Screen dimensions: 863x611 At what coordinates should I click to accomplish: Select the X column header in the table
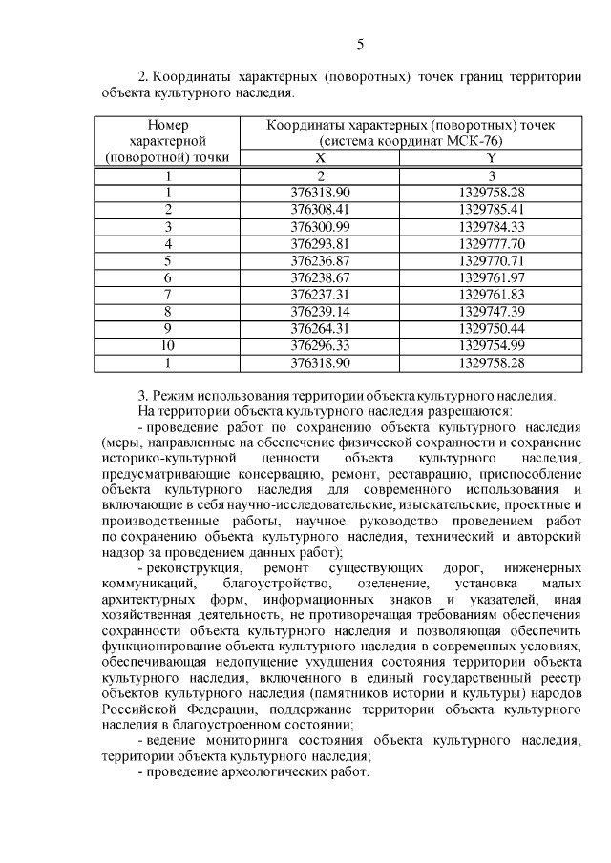pyautogui.click(x=321, y=157)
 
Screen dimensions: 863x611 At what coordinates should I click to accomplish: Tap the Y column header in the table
pyautogui.click(x=492, y=157)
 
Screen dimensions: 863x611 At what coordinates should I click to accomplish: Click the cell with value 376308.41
pyautogui.click(x=321, y=209)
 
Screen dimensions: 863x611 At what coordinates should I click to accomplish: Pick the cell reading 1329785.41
pyautogui.click(x=492, y=209)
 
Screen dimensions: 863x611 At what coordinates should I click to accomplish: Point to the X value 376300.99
pyautogui.click(x=321, y=226)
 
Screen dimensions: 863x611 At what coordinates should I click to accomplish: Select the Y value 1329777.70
pyautogui.click(x=492, y=243)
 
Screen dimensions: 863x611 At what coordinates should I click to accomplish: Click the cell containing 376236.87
pyautogui.click(x=321, y=260)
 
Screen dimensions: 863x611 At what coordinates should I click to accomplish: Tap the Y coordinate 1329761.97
pyautogui.click(x=492, y=277)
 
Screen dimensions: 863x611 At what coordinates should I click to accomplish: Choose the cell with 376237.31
pyautogui.click(x=321, y=295)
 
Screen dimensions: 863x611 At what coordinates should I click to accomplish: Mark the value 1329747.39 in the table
pyautogui.click(x=492, y=312)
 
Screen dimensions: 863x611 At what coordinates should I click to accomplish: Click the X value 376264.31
pyautogui.click(x=321, y=329)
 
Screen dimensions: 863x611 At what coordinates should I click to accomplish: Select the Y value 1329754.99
pyautogui.click(x=492, y=346)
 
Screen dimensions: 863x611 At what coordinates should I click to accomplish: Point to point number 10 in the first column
pyautogui.click(x=168, y=346)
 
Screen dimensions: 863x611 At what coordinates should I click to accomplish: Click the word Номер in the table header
pyautogui.click(x=168, y=125)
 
